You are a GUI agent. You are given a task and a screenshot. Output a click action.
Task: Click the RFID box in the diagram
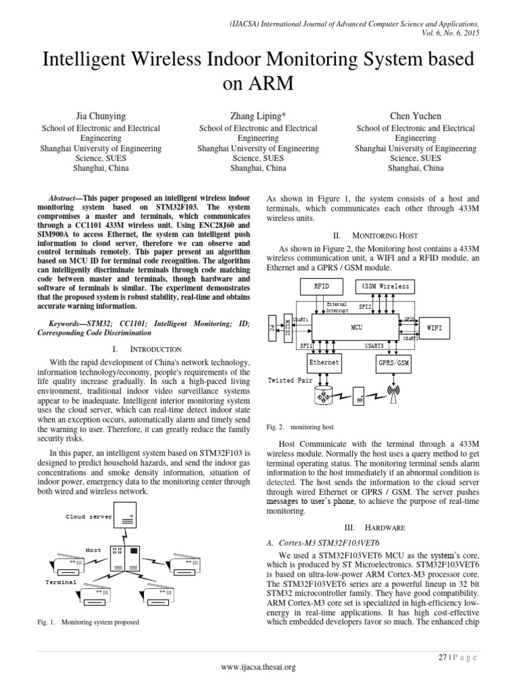point(322,286)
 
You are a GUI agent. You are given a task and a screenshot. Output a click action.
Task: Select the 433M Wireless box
point(386,286)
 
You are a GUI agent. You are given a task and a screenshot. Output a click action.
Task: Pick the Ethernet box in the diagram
point(323,363)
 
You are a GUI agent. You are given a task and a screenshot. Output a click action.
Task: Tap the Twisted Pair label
point(290,380)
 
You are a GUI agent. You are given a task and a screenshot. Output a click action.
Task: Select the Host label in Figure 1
point(93,550)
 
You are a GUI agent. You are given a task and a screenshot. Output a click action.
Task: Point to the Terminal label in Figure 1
point(61,581)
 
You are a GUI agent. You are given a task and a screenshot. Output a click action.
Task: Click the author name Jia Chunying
point(101,117)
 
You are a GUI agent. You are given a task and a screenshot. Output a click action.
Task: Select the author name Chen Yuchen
point(415,117)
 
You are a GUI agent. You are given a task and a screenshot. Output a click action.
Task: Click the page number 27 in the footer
point(442,656)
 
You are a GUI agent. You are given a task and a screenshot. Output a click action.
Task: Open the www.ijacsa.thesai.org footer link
point(258,667)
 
